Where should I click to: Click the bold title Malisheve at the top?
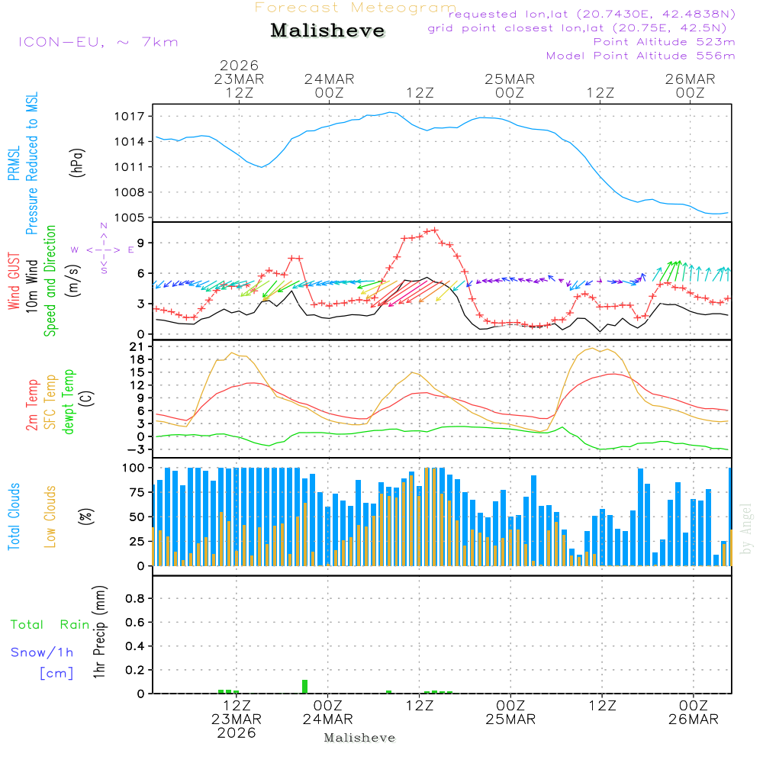pos(327,31)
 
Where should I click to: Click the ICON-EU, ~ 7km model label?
pos(98,42)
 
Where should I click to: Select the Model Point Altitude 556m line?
pos(641,56)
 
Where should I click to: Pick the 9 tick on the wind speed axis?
pos(140,243)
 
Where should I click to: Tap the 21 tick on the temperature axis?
pos(137,347)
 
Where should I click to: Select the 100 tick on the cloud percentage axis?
pos(134,467)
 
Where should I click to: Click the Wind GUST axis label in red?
pos(14,283)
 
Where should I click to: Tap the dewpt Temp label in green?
pos(69,402)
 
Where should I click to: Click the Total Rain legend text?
pos(50,625)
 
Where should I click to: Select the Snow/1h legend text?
pos(43,652)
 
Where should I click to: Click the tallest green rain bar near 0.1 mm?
pos(304,686)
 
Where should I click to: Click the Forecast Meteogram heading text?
pos(356,8)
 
